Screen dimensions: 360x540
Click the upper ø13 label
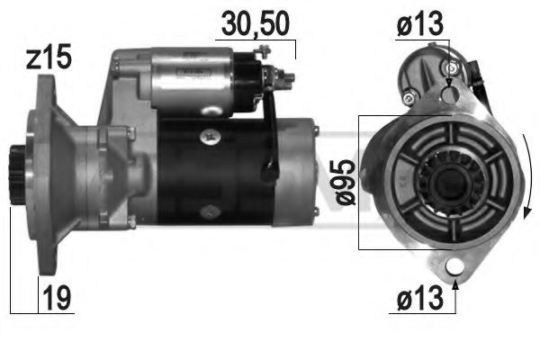420,25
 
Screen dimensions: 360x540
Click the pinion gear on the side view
17,176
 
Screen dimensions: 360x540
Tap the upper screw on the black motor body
211,135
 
